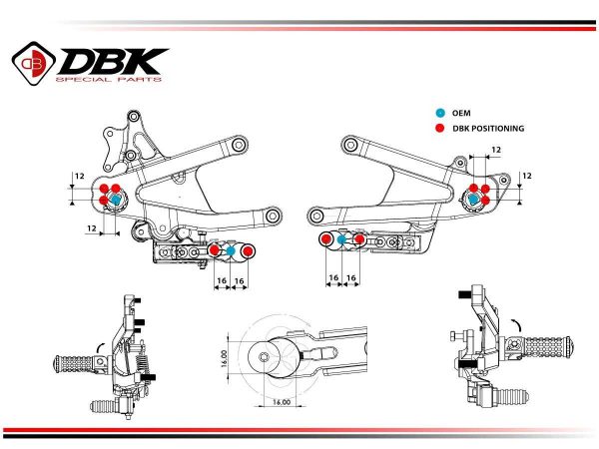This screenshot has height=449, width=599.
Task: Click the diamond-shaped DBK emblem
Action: click(x=34, y=64)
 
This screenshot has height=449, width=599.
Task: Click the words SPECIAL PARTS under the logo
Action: click(x=109, y=80)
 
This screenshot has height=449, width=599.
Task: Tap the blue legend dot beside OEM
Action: click(x=440, y=113)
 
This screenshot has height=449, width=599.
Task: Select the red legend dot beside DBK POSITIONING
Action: click(x=440, y=129)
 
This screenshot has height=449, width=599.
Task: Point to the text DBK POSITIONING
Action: click(x=488, y=129)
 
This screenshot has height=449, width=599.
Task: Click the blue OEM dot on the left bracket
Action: click(x=116, y=200)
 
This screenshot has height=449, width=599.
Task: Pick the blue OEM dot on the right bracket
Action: click(x=473, y=199)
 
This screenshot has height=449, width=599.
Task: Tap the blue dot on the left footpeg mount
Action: click(x=231, y=250)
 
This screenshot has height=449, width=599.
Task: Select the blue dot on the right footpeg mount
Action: click(x=341, y=239)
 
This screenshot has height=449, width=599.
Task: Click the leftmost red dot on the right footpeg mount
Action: click(x=325, y=239)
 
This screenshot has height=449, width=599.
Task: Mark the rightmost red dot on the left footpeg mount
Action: click(x=248, y=250)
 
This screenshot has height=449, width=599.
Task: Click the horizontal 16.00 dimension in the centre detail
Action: click(x=282, y=402)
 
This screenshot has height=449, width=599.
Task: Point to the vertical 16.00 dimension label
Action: click(x=224, y=358)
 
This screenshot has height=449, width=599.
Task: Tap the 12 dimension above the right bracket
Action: click(x=496, y=150)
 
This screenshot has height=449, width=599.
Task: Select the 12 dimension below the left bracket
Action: click(x=92, y=228)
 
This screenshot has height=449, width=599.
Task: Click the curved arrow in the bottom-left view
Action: click(x=102, y=347)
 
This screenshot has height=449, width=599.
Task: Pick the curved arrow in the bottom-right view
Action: click(x=517, y=325)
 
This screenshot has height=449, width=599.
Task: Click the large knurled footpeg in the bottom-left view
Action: click(x=78, y=364)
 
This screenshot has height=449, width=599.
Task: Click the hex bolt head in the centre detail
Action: click(x=264, y=357)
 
